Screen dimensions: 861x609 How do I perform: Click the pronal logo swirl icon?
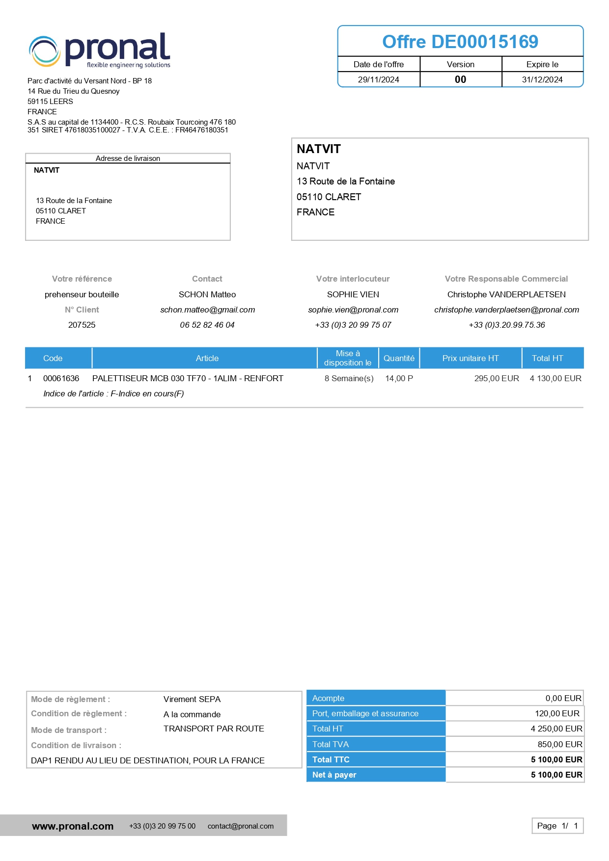[45, 52]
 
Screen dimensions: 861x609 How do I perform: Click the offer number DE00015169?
[460, 42]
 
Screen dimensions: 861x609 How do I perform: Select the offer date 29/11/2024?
[378, 79]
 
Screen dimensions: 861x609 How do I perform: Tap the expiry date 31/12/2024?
[542, 79]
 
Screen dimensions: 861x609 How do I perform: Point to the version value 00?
[460, 79]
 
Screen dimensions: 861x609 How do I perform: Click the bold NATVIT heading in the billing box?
[319, 149]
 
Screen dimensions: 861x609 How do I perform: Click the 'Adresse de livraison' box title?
[128, 158]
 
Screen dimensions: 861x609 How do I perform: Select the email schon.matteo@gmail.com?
[207, 310]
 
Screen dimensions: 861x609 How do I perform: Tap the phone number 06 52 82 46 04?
[207, 325]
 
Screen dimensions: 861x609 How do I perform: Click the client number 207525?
[82, 325]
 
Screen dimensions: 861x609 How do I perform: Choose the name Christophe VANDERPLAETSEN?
[506, 294]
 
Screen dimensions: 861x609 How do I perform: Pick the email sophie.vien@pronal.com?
[353, 310]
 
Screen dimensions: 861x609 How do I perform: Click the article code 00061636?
[61, 378]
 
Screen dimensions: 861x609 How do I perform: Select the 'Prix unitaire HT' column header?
[470, 358]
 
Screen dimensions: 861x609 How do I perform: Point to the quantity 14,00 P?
[399, 378]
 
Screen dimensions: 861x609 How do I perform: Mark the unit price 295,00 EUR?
[497, 378]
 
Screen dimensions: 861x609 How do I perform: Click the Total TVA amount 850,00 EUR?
[560, 744]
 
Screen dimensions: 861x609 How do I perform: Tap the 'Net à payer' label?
[334, 775]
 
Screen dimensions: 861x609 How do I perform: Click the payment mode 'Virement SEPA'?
[192, 699]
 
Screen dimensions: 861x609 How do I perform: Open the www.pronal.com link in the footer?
[73, 826]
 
